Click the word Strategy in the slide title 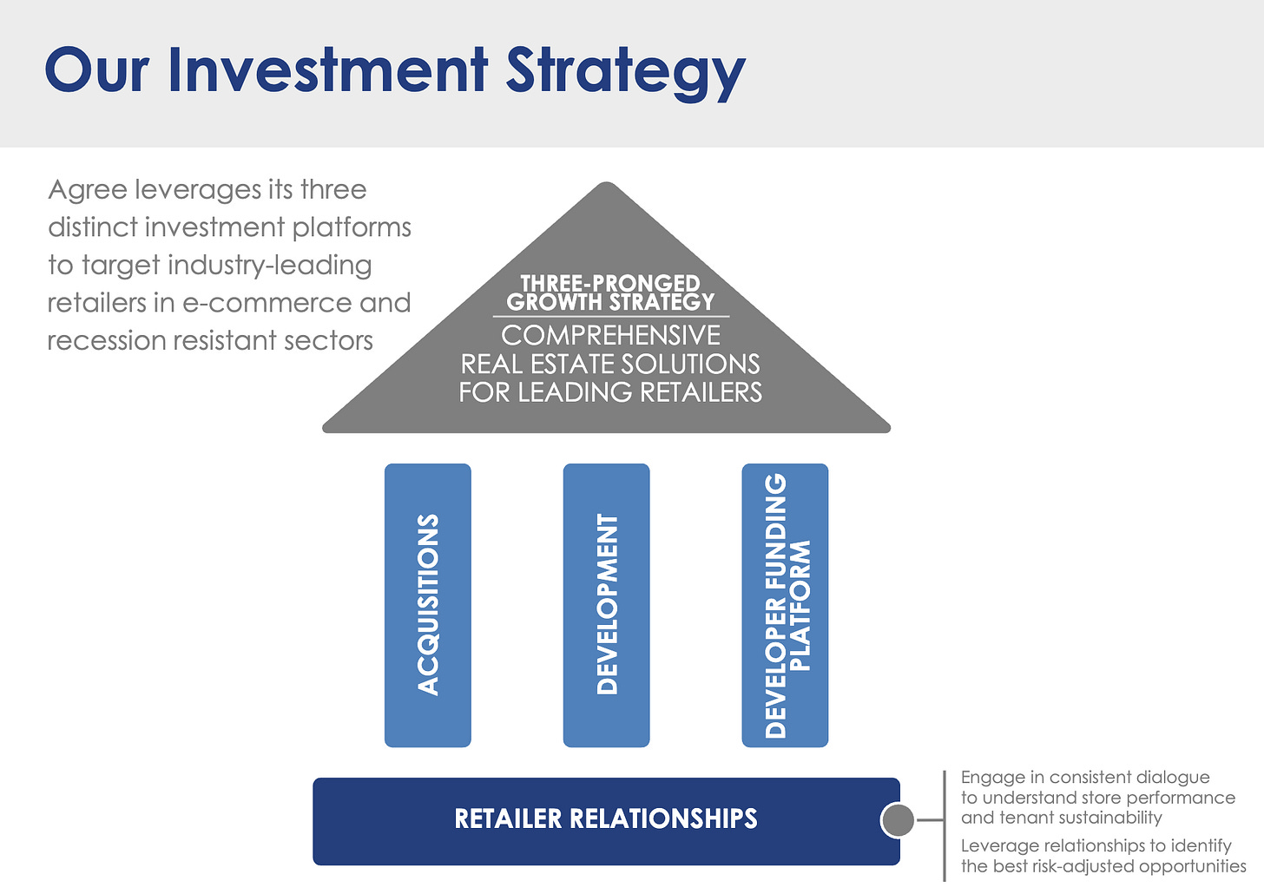click(x=625, y=71)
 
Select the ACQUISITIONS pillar click(x=428, y=605)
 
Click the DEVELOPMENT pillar click(x=607, y=605)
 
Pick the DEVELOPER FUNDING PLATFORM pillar click(x=785, y=605)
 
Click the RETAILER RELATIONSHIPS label click(x=606, y=818)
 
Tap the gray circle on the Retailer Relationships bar click(x=898, y=820)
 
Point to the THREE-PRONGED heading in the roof click(x=610, y=284)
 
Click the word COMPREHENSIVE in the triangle click(x=610, y=335)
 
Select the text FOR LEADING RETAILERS click(x=610, y=392)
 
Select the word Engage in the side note click(x=992, y=778)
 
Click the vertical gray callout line click(x=945, y=825)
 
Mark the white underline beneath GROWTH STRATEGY click(x=610, y=317)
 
